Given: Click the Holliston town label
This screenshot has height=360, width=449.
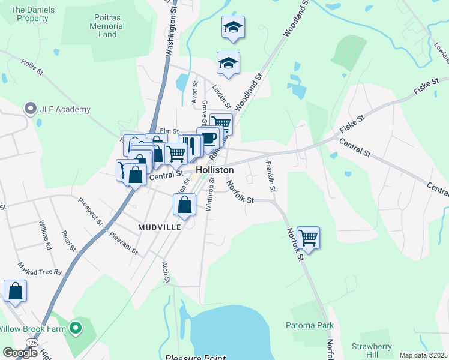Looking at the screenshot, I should (x=215, y=170).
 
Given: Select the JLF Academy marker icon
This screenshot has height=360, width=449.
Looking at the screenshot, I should (x=30, y=109).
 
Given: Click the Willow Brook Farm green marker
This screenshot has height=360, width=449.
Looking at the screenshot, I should (x=75, y=328).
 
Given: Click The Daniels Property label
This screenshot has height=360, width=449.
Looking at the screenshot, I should (x=29, y=14).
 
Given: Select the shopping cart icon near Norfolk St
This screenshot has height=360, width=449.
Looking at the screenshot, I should (x=308, y=238).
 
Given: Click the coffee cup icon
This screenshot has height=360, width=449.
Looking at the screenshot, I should (x=208, y=138).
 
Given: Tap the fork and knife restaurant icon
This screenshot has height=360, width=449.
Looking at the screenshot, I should (x=190, y=145).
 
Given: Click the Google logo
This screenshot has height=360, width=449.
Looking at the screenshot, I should (x=20, y=353).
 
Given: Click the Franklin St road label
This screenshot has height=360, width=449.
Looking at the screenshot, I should (x=271, y=177).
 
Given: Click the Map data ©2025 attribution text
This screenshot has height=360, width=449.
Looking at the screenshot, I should (x=423, y=355).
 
